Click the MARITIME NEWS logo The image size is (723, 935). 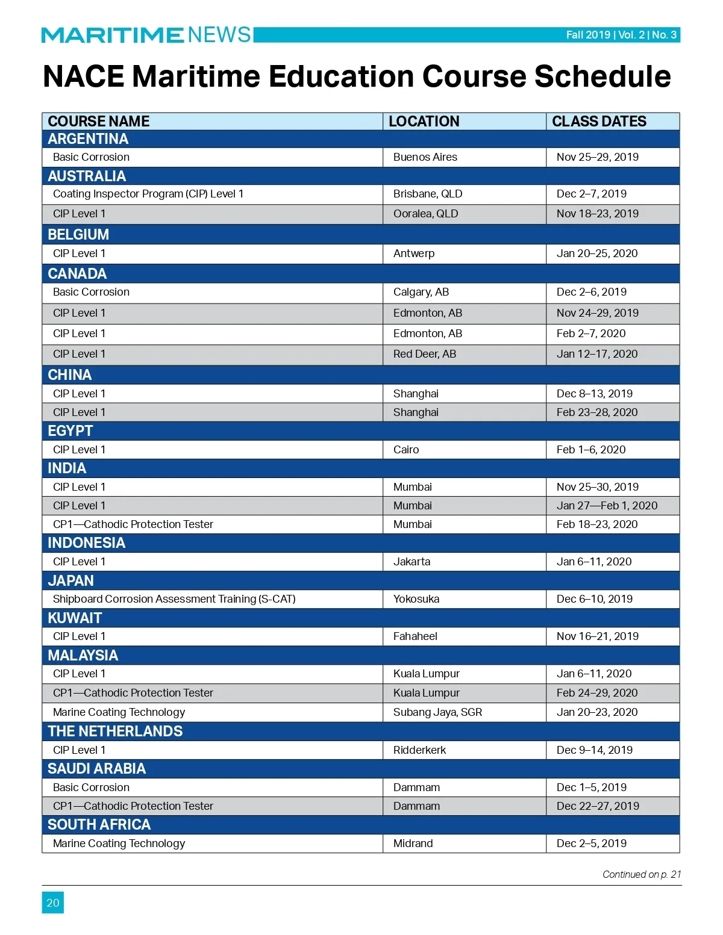(x=146, y=35)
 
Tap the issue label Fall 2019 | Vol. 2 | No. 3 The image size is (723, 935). (x=621, y=35)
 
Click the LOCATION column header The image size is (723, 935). (x=424, y=122)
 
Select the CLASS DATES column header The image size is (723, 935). (x=599, y=122)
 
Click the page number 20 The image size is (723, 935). (x=53, y=902)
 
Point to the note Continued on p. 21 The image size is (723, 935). (x=642, y=874)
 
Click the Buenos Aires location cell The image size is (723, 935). (x=425, y=157)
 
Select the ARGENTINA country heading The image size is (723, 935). (x=88, y=139)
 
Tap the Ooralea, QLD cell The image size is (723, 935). (x=425, y=214)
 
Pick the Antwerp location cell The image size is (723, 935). (x=414, y=253)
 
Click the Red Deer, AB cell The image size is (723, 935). (x=425, y=354)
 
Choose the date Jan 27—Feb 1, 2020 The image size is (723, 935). (x=607, y=506)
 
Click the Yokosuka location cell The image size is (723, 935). (x=416, y=599)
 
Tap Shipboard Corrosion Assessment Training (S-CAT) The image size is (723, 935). (x=174, y=599)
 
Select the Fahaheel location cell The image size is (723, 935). (x=415, y=636)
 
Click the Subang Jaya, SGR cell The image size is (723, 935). (x=437, y=712)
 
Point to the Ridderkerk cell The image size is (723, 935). (x=419, y=750)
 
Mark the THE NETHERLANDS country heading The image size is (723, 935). (x=115, y=732)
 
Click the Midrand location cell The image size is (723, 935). (x=413, y=843)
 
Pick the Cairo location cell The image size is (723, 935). (x=406, y=450)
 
